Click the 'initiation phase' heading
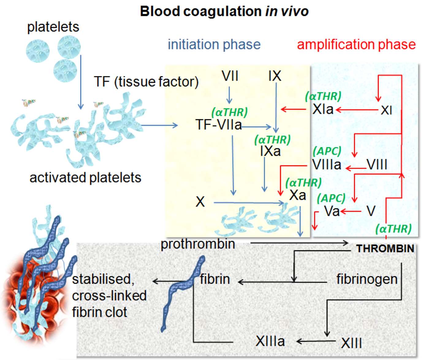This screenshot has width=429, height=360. tap(214, 44)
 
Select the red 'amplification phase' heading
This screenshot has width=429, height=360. tap(356, 44)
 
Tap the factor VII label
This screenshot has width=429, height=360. tap(230, 76)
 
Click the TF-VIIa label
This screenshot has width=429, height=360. tap(218, 125)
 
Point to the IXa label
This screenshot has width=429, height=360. tap(270, 151)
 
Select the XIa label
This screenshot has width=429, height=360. tap(323, 109)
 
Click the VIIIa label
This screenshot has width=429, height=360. tap(327, 165)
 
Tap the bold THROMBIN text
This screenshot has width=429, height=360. tap(385, 248)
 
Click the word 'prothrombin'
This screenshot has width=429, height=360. tap(198, 244)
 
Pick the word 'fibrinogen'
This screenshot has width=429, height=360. tap(367, 279)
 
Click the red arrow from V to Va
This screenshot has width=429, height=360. tap(351, 211)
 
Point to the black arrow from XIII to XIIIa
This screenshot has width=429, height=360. tap(316, 341)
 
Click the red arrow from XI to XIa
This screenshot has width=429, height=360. tap(357, 109)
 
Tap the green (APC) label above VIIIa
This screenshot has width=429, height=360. tap(327, 151)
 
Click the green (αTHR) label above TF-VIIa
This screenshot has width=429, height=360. tap(229, 112)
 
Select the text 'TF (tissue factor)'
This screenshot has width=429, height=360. tap(146, 82)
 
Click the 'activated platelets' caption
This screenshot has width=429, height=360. tap(85, 178)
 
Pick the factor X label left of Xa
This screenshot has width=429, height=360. tap(200, 202)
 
